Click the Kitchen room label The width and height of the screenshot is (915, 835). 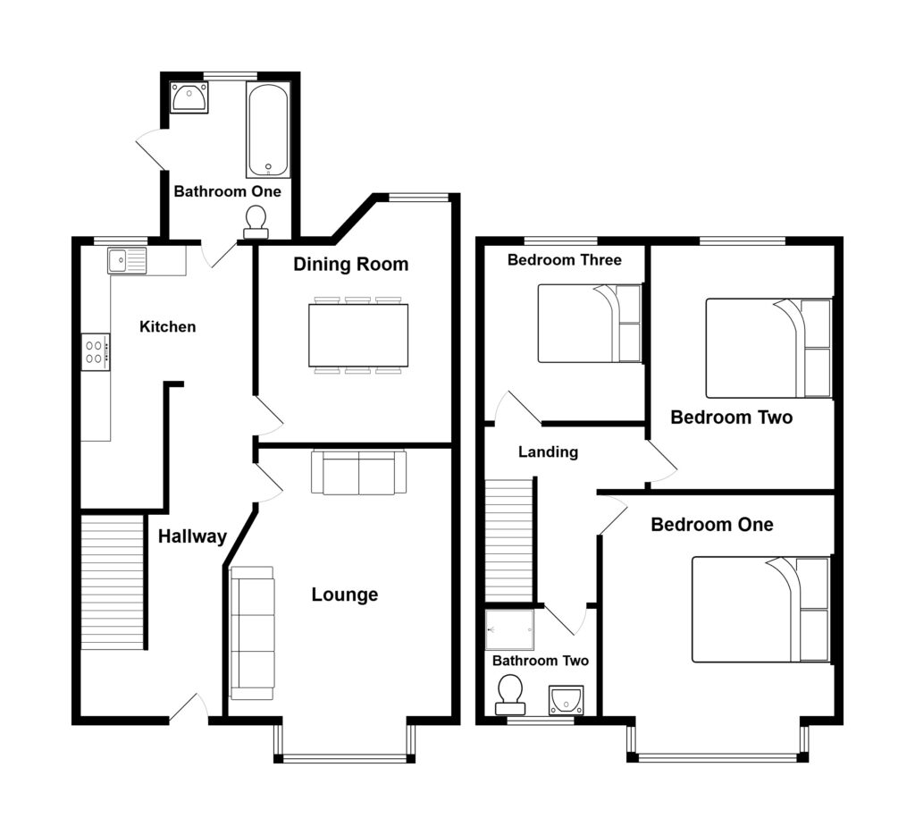tap(167, 327)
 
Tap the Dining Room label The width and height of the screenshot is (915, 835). tap(351, 265)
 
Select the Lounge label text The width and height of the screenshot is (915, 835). tap(344, 595)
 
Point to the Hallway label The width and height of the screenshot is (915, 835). tap(192, 536)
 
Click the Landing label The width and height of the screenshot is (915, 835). tap(548, 452)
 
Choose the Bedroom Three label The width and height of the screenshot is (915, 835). tap(564, 260)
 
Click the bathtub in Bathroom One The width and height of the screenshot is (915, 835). tap(268, 131)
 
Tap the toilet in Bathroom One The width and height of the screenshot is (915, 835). tap(256, 222)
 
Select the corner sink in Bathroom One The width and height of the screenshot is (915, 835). tap(189, 97)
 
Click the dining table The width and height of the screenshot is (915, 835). tap(358, 335)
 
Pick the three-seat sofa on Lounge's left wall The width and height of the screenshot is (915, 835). tap(252, 633)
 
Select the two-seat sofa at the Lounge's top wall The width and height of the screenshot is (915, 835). tap(358, 473)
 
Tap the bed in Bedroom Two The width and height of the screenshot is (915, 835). tap(768, 348)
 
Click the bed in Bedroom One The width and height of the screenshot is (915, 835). tap(760, 610)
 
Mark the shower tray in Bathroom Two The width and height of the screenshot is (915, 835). tap(509, 630)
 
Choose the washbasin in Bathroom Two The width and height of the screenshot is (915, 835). tap(566, 699)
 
